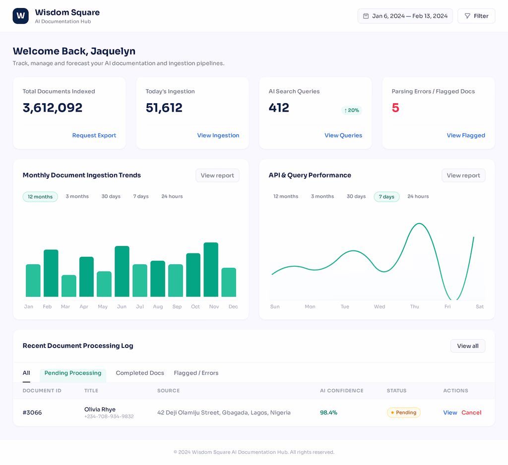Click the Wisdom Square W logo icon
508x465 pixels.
coord(21,16)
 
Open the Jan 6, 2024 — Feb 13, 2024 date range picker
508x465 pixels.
coord(405,16)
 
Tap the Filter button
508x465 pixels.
coord(476,16)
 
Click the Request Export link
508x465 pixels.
coord(94,135)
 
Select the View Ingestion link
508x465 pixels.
coord(218,135)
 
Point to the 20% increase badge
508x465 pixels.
coord(352,111)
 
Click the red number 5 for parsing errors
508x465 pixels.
coord(395,108)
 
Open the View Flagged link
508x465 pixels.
coord(466,135)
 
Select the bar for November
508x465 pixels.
coord(211,269)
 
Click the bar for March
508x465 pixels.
coord(68,286)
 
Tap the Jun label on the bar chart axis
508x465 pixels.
coord(122,306)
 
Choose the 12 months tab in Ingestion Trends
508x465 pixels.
coord(40,196)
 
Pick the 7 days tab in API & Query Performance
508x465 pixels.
coord(386,196)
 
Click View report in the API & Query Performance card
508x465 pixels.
coord(463,175)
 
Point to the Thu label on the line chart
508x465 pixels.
coord(414,306)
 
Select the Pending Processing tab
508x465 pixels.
coord(73,373)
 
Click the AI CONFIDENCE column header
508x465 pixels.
coord(341,391)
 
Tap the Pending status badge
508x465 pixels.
coord(404,412)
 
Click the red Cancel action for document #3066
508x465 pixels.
coord(471,412)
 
